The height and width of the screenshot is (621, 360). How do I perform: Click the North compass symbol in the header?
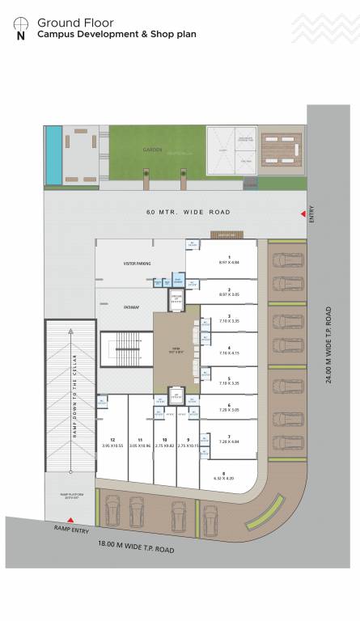(x=20, y=27)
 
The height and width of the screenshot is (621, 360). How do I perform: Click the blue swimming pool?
(x=52, y=153)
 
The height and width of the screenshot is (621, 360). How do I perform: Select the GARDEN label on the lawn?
(x=153, y=150)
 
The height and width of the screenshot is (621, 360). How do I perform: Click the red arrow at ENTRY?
(x=303, y=213)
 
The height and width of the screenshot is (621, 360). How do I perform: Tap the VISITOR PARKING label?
(x=138, y=264)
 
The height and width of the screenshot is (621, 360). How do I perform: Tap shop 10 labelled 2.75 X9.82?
(x=164, y=443)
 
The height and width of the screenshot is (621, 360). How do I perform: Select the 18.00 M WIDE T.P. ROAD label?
(x=136, y=549)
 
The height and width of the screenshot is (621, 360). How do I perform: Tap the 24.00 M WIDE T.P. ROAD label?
(x=329, y=344)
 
